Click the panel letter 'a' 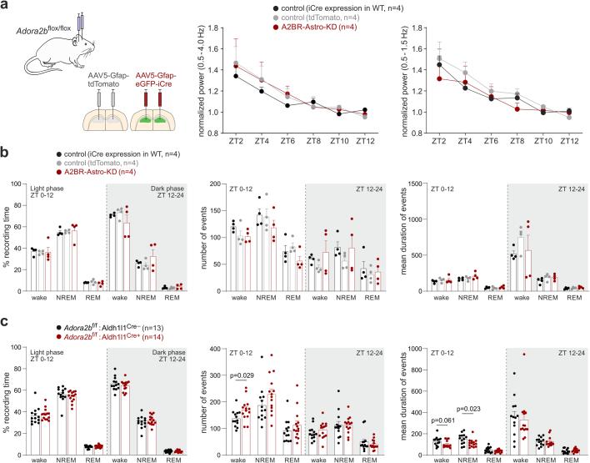tap(5, 6)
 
